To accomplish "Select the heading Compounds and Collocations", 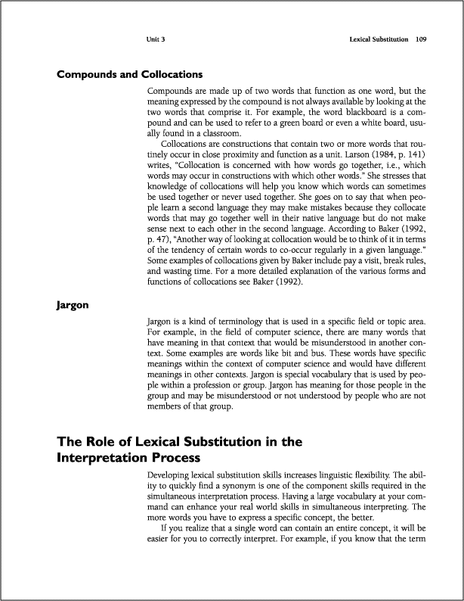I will tap(130, 75).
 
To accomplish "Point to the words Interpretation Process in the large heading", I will tap(124, 457).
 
